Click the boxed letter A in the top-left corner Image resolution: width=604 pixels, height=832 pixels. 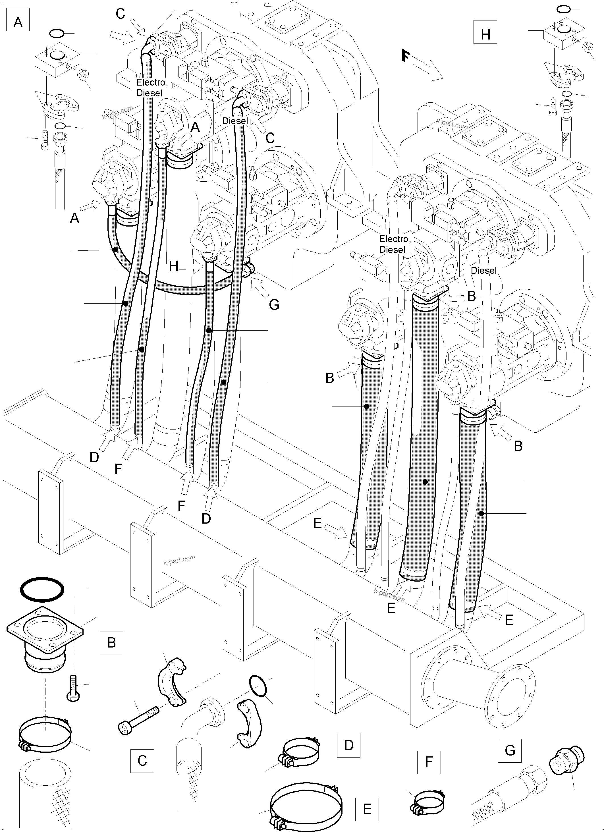tap(18, 22)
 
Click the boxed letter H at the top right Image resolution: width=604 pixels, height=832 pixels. tap(485, 34)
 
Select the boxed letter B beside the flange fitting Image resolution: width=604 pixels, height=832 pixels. tap(111, 642)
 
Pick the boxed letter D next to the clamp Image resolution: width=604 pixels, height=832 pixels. tap(348, 745)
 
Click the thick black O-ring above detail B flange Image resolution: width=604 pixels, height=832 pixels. tap(42, 590)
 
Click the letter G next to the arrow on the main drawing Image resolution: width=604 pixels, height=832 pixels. tap(274, 304)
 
